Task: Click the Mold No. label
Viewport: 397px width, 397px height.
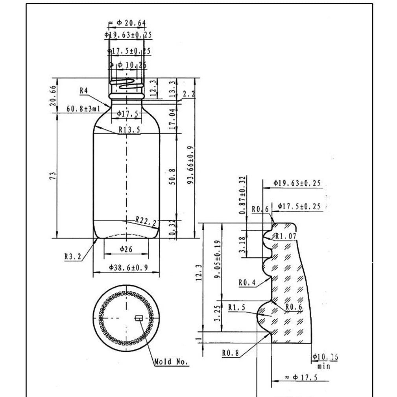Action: point(171,362)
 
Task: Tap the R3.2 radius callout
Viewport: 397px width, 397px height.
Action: point(73,257)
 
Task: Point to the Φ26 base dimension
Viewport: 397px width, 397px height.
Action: point(126,249)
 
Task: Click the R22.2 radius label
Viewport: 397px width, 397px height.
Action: point(145,221)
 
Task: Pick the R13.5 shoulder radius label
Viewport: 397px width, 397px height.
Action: point(129,130)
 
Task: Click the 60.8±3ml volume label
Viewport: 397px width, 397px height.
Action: point(83,109)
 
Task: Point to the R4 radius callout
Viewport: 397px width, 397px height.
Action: point(83,90)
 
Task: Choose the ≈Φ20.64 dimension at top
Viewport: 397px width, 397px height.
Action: point(127,24)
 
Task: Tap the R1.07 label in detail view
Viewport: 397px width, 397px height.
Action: point(286,236)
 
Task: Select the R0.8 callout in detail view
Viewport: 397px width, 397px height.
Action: point(231,353)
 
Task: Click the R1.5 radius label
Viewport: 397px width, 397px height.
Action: point(236,307)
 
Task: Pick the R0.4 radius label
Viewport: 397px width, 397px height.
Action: point(247,282)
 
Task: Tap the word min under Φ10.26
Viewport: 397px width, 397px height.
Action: point(324,366)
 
